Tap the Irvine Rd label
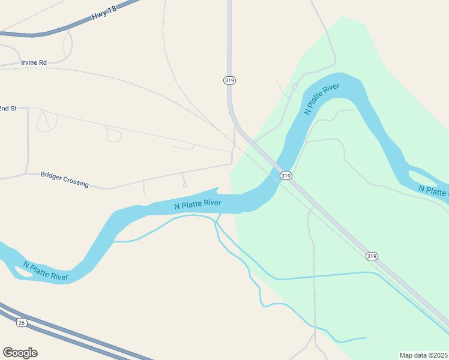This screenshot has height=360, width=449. pyautogui.click(x=34, y=62)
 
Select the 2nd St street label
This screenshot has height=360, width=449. pyautogui.click(x=7, y=108)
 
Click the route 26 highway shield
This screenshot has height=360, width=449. pyautogui.click(x=22, y=322)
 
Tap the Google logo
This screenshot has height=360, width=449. pyautogui.click(x=20, y=353)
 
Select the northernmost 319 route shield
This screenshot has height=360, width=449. pyautogui.click(x=229, y=80)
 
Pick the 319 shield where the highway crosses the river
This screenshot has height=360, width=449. pyautogui.click(x=286, y=175)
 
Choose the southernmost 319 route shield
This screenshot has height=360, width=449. pyautogui.click(x=372, y=256)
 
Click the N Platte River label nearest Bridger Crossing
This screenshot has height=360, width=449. pyautogui.click(x=197, y=204)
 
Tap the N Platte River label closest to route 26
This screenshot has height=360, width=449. pyautogui.click(x=46, y=271)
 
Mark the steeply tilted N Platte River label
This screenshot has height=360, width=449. pyautogui.click(x=322, y=99)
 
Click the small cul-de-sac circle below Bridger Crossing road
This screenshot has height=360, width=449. pyautogui.click(x=185, y=185)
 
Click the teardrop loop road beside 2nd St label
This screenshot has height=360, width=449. pyautogui.click(x=46, y=121)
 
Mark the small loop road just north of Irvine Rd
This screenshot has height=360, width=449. pyautogui.click(x=67, y=46)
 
